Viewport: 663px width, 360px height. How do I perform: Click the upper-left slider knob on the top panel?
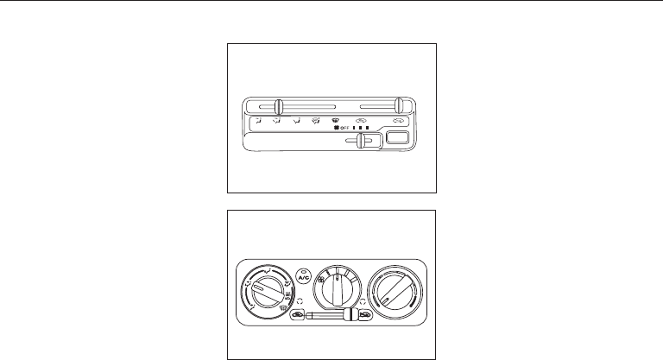point(278,107)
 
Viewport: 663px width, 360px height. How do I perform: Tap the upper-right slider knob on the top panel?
point(399,105)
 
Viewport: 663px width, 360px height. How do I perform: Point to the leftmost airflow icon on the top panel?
point(256,121)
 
